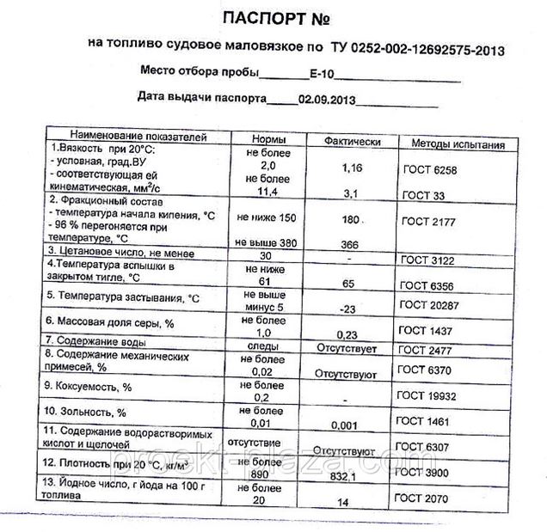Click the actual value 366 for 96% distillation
(347, 245)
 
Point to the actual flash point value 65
(348, 282)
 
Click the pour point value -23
(347, 307)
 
